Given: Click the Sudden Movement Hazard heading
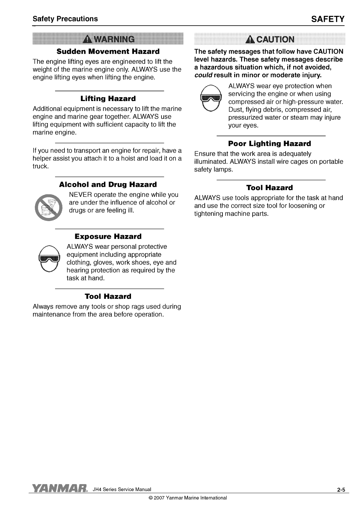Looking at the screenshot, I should pos(108,51).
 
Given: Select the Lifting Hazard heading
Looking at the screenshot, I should pos(108,99).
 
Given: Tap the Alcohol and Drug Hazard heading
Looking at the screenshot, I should pos(108,185).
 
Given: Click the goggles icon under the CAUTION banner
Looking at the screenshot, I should pos(210,98).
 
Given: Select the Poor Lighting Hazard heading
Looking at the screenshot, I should pos(269,144).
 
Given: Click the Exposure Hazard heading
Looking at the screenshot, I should pos(108,237).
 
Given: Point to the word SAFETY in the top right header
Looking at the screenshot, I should pos(328,19).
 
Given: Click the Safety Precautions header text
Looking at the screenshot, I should pos(65,19).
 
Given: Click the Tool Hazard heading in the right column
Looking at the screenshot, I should pos(269,188).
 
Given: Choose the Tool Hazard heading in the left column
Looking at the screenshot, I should pos(108,296).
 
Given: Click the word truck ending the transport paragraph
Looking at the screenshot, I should pos(40,166).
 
